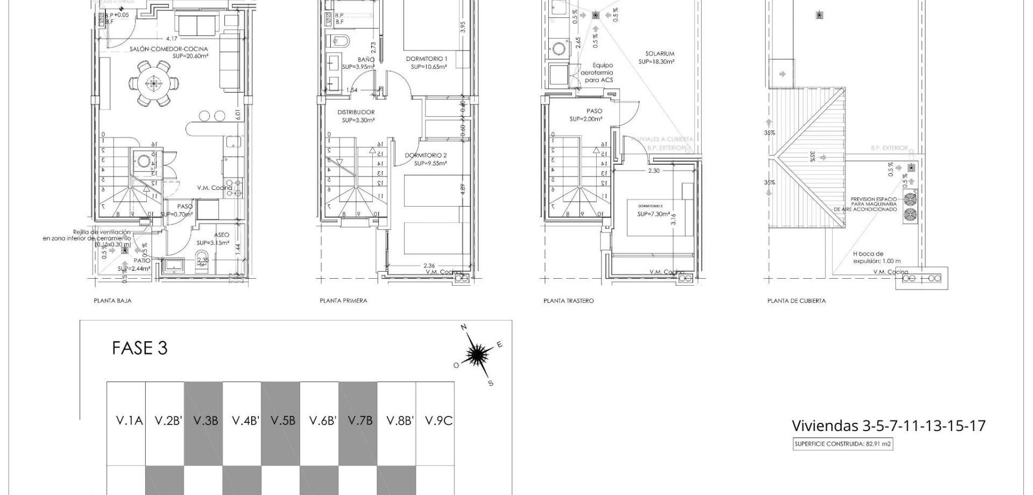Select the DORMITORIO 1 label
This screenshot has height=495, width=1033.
click(x=426, y=59)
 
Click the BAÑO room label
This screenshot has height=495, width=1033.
click(x=366, y=60)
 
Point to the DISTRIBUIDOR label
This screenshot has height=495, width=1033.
click(x=356, y=112)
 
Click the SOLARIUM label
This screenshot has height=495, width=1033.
click(x=660, y=54)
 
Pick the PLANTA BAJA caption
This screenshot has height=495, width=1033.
click(x=112, y=301)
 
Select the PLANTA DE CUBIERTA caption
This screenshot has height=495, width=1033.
click(x=796, y=301)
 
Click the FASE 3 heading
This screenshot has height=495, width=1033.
click(x=140, y=348)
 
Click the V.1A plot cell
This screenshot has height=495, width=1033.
click(x=129, y=421)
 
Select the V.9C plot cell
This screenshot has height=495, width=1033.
click(x=438, y=421)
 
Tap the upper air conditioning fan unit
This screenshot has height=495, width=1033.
click(x=910, y=198)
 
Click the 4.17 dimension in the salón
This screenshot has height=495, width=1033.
click(x=171, y=39)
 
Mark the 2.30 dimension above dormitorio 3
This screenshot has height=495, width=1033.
click(x=653, y=171)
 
